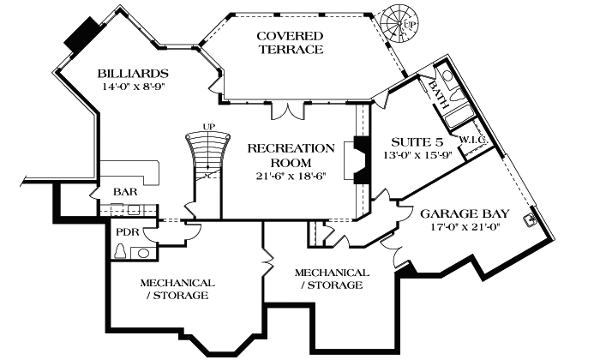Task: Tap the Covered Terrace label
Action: coord(291,42)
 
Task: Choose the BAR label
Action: coord(125,192)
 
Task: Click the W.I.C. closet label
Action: coord(471,139)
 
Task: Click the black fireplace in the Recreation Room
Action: coord(362,159)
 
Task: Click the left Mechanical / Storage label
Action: coord(173,289)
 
